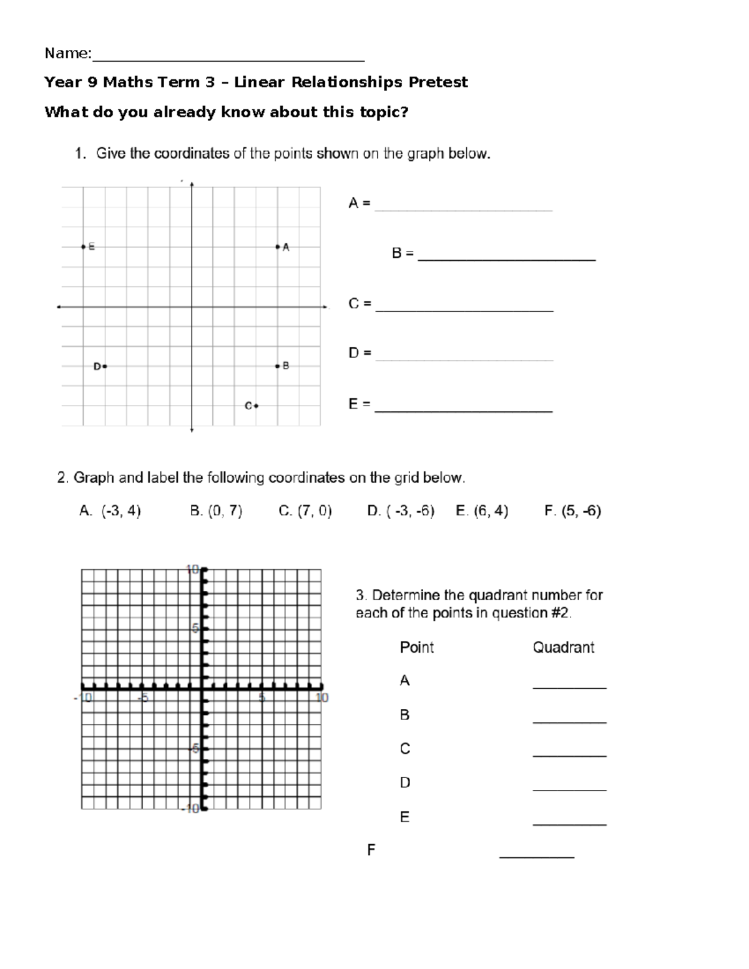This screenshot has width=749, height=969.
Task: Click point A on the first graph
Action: (x=277, y=247)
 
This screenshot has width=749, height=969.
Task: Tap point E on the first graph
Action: (x=83, y=247)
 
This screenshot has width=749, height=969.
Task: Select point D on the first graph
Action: (x=105, y=366)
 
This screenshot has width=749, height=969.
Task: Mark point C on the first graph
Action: (x=256, y=406)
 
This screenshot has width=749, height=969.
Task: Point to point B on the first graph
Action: (x=277, y=366)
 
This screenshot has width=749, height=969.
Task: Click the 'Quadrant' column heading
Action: (x=563, y=648)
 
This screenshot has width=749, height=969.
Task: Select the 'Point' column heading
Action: (x=416, y=648)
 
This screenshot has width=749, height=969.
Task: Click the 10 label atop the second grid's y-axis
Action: (x=192, y=569)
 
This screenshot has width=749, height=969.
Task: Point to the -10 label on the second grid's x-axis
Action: (x=83, y=698)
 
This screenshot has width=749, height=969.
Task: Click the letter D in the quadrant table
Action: (x=404, y=782)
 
